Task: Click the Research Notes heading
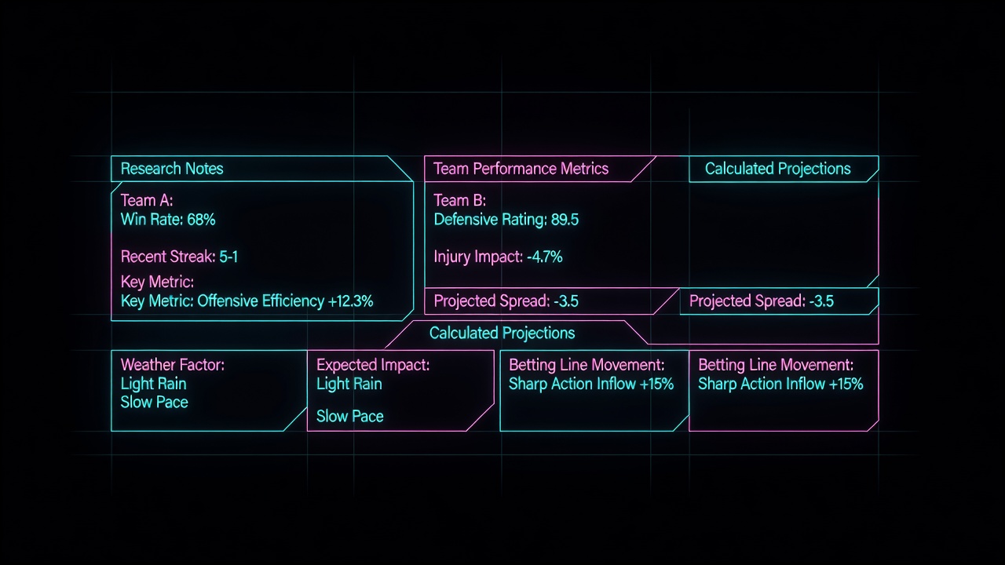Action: [172, 169]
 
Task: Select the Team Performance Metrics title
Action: [521, 169]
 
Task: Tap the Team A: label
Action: [147, 200]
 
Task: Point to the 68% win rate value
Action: [201, 219]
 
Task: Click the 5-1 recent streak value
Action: [228, 257]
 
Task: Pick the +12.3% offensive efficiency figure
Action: [350, 301]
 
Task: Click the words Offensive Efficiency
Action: [261, 301]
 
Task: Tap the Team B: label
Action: [459, 200]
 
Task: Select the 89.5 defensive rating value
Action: [565, 219]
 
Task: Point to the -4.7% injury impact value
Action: [544, 257]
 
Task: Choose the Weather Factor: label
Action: [173, 365]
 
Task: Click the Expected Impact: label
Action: [373, 365]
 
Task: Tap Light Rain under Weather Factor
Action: [153, 384]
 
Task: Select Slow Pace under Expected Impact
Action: [350, 416]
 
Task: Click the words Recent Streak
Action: [168, 257]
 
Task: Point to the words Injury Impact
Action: [478, 257]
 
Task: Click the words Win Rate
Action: [152, 219]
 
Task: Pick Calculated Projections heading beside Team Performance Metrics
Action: [777, 169]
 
